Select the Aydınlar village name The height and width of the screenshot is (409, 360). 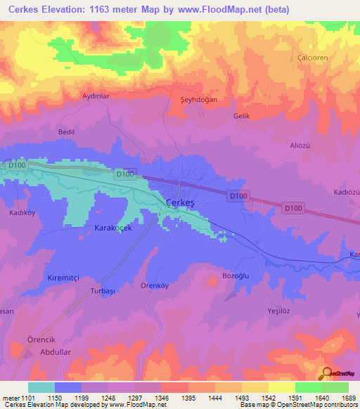[96, 96]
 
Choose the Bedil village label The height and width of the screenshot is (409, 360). [67, 132]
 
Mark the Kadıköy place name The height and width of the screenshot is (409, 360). [22, 212]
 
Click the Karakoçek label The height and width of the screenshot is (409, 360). [113, 228]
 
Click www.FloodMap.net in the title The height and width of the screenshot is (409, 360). [211, 8]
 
